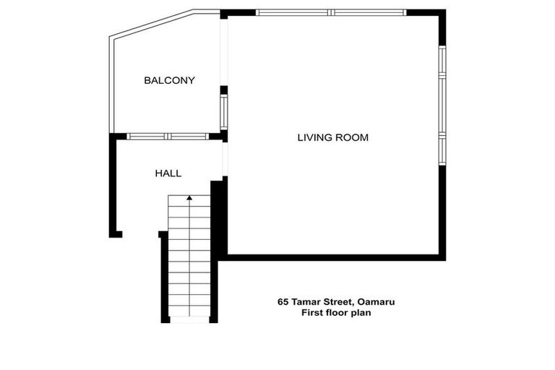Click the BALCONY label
coord(169,80)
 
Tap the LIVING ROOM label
coord(332,137)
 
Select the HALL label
coord(168,173)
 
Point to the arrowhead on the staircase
coord(189,197)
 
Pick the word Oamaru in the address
coord(376,302)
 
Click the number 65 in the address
coord(283,302)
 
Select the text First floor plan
coord(336,313)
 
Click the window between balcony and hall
coord(168,137)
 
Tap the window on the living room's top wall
coord(331,13)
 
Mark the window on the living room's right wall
coord(442,106)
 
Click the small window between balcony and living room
coord(224,112)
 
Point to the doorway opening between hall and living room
coord(225,159)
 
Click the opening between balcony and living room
coord(224,52)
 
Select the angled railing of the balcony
coord(152,23)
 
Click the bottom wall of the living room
coord(332,257)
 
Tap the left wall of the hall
coord(113,185)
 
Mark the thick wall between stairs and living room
coord(218,220)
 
